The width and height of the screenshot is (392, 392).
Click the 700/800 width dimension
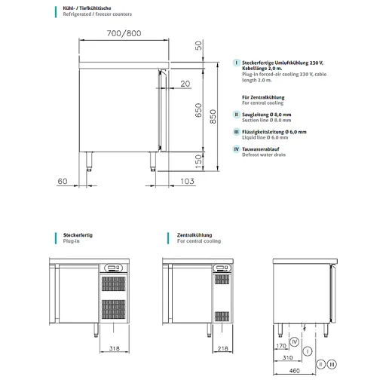click(x=124, y=33)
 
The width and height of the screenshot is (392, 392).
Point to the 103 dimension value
click(x=188, y=182)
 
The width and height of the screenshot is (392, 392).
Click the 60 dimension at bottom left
click(x=63, y=182)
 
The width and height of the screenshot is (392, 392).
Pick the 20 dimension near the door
click(x=185, y=84)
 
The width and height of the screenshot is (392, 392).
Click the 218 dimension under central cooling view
click(x=222, y=349)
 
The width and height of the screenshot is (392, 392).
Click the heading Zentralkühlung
click(x=194, y=235)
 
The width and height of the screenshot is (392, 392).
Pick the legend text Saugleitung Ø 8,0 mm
click(x=266, y=114)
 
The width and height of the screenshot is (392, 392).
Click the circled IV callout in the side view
click(x=296, y=342)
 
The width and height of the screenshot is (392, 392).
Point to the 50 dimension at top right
click(x=198, y=45)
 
